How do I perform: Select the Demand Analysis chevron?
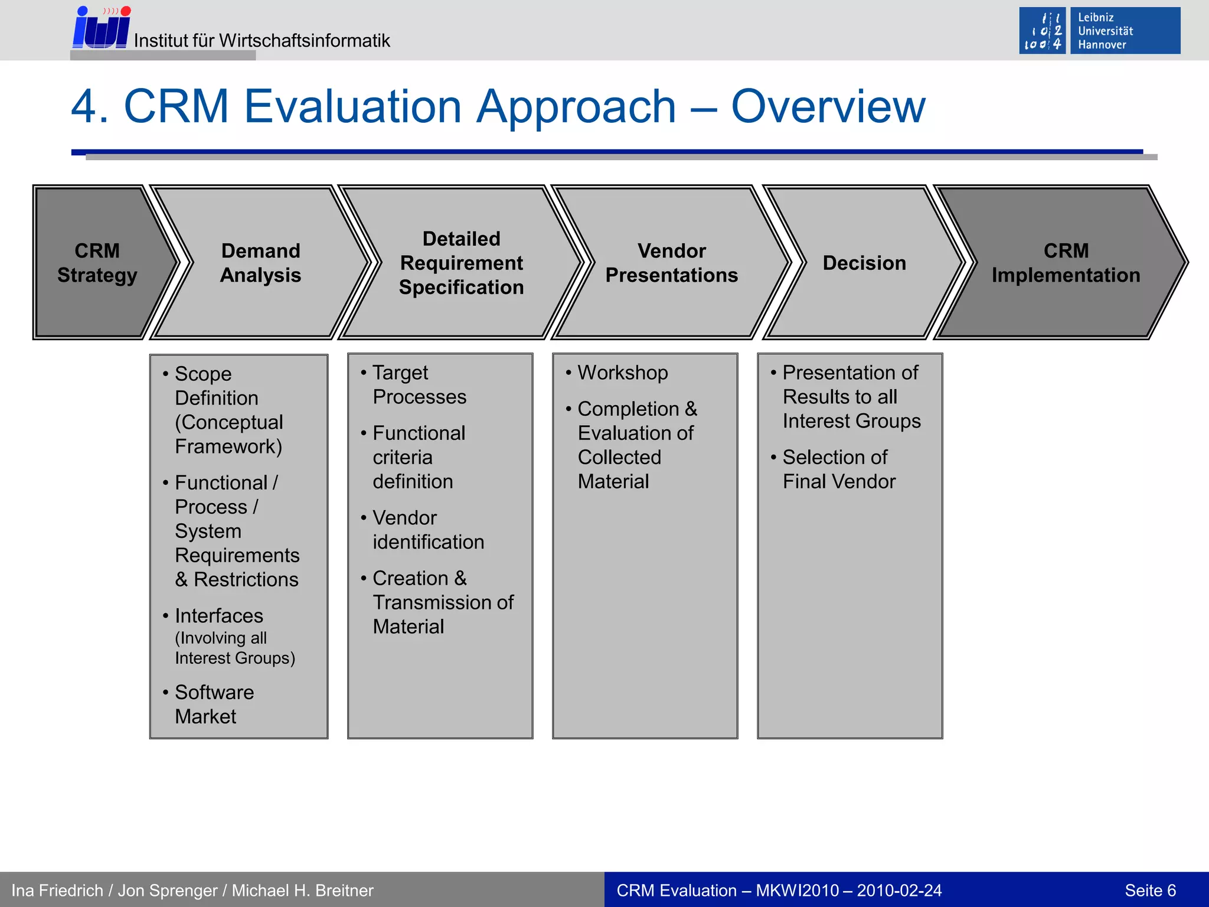260,263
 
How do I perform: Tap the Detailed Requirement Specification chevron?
461,263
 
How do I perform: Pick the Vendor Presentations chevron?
671,263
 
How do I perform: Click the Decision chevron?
864,263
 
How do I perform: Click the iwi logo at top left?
102,28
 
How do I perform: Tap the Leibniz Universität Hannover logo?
1099,31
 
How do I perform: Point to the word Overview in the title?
828,107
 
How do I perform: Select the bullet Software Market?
214,704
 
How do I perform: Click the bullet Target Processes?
419,384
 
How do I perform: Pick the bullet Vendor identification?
428,530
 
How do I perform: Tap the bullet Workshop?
622,373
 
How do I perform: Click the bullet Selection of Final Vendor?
838,469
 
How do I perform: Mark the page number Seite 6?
1150,890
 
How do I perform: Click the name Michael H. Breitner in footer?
302,890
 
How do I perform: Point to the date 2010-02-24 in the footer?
899,890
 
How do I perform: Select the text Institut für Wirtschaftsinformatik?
262,41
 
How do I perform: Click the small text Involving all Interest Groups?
234,648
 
